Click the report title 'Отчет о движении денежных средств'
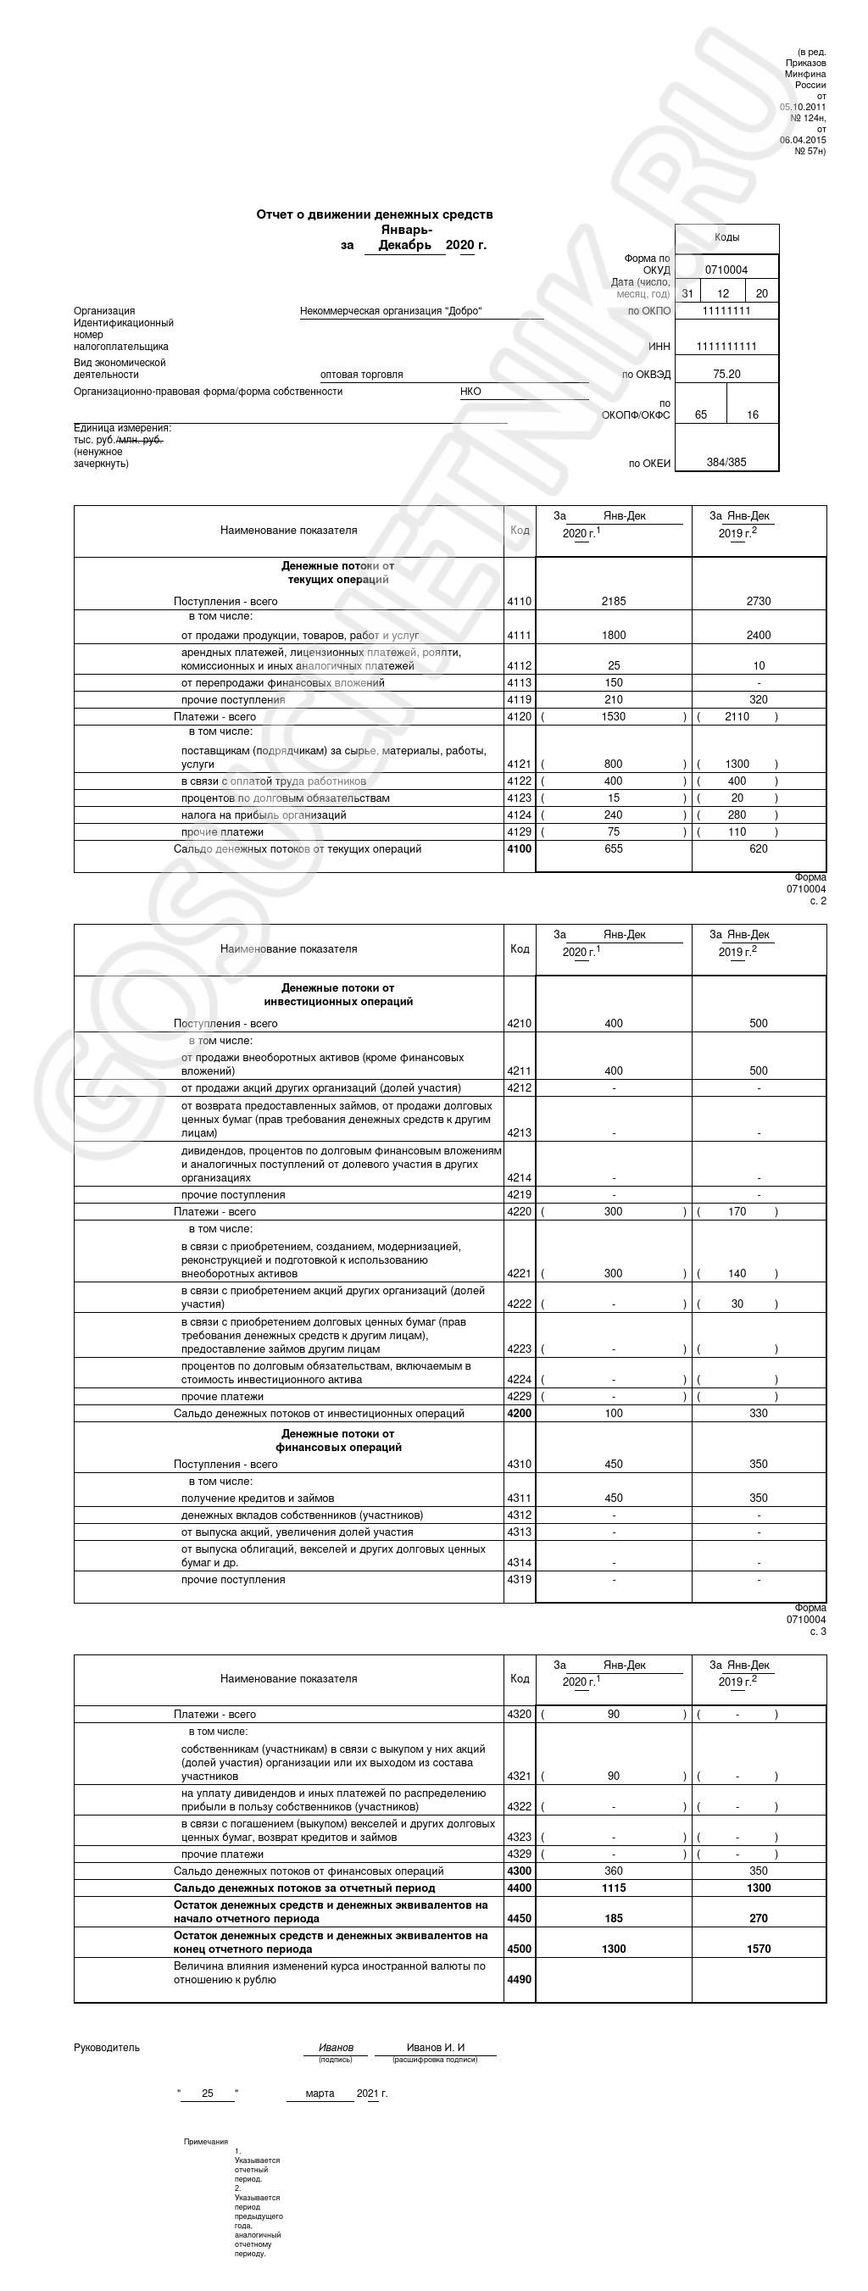[x=374, y=214]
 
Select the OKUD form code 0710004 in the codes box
[x=726, y=270]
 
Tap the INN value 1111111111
[x=726, y=346]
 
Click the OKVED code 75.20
[x=726, y=375]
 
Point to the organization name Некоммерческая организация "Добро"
[x=391, y=311]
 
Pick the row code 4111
[x=520, y=635]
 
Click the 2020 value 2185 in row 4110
[x=613, y=601]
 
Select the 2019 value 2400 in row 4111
[x=758, y=635]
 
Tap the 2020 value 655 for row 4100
[x=613, y=848]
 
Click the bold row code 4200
[x=520, y=1413]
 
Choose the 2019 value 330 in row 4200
[x=758, y=1413]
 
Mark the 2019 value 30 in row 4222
[x=737, y=1304]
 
